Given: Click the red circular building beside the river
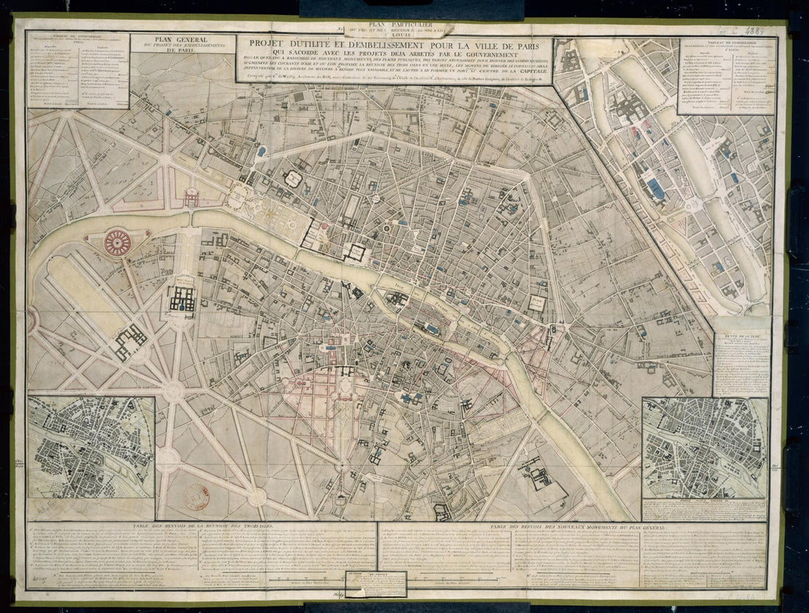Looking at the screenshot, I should (x=116, y=242).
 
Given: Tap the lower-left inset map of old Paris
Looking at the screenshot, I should (x=91, y=447).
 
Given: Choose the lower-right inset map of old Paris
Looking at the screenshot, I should (x=704, y=447).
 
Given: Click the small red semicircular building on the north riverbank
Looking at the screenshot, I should (x=190, y=196).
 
